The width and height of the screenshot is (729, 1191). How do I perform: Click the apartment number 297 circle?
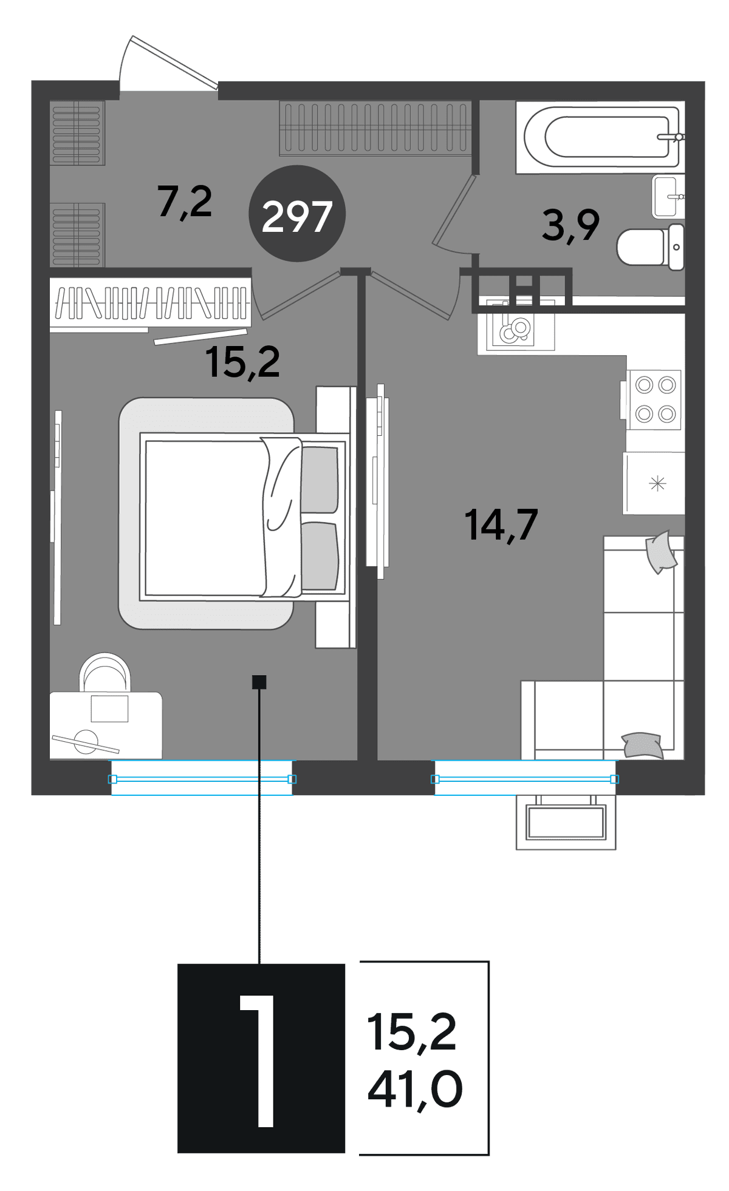[x=297, y=214]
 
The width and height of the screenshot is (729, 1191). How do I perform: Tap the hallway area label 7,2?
[x=185, y=202]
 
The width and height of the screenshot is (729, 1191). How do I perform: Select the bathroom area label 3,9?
[x=570, y=225]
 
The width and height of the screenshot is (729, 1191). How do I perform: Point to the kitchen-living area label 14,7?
[x=501, y=524]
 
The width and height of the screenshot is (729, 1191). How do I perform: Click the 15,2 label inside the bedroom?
[x=242, y=362]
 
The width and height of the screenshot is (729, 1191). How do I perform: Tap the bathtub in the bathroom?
[x=600, y=137]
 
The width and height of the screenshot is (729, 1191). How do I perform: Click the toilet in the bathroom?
[x=651, y=247]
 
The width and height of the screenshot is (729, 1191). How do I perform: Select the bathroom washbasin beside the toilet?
[x=668, y=196]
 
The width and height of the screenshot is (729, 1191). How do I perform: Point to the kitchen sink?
[x=516, y=326]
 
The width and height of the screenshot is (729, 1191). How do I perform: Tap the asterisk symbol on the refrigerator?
[x=658, y=484]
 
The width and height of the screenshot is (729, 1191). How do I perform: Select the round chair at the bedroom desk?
[x=105, y=672]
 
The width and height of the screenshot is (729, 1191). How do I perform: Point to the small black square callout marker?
[x=259, y=682]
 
